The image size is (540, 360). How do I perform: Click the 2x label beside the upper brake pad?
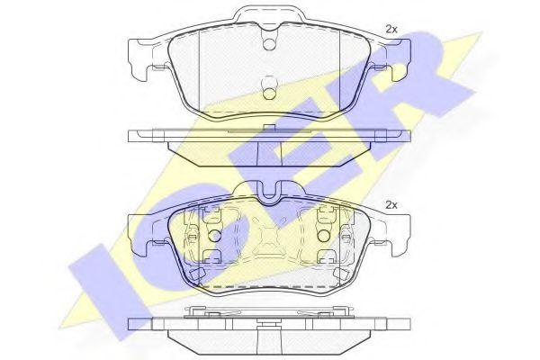click(x=392, y=28)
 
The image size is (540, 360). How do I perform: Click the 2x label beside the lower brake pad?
click(x=392, y=205)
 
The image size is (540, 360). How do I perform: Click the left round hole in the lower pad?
click(x=215, y=236)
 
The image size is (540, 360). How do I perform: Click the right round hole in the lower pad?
click(x=323, y=236)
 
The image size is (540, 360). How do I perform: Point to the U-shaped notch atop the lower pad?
click(x=269, y=192)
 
